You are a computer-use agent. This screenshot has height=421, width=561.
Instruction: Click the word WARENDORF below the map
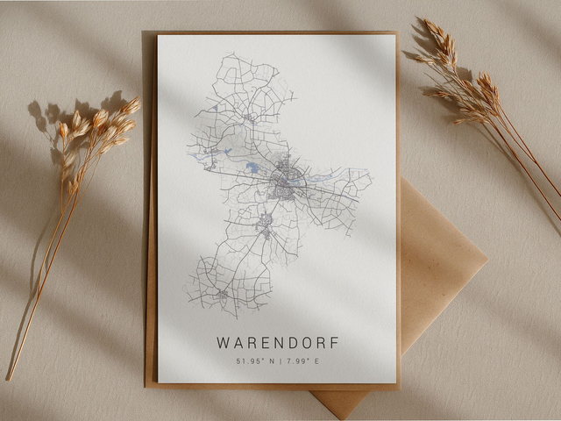pyautogui.click(x=277, y=343)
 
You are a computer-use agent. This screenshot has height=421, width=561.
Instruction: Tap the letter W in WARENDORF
pyautogui.click(x=223, y=343)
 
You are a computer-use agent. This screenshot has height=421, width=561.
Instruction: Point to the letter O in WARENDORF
pyautogui.click(x=304, y=343)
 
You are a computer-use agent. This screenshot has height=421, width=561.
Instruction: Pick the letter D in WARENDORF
pyautogui.click(x=290, y=343)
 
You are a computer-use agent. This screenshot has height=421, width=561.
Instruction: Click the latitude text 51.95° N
pyautogui.click(x=255, y=361)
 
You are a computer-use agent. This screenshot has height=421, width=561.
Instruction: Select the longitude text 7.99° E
pyautogui.click(x=301, y=361)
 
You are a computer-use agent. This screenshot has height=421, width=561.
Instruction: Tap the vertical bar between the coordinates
pyautogui.click(x=279, y=361)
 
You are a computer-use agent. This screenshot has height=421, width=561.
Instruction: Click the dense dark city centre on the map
pyautogui.click(x=284, y=182)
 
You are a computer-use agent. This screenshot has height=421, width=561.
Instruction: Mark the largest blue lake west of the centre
pyautogui.click(x=252, y=167)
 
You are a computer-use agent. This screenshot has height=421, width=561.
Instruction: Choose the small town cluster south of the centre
pyautogui.click(x=266, y=232)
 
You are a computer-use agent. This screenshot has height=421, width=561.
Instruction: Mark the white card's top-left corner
pyautogui.click(x=159, y=37)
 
